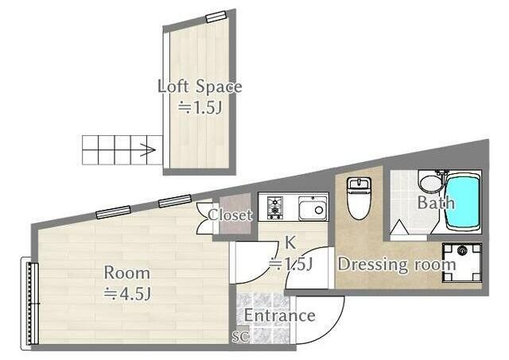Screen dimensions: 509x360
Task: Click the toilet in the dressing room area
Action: [x=359, y=198]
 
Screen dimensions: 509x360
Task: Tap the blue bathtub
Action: [x=463, y=203]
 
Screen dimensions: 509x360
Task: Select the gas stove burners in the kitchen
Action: [x=275, y=207]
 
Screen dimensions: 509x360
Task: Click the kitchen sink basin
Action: [x=313, y=207]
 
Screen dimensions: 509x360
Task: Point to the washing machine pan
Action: [x=461, y=263]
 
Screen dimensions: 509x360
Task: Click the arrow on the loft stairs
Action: [x=147, y=150]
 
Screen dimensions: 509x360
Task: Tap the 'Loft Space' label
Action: [x=200, y=87]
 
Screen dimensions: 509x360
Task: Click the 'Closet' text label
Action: [x=230, y=215]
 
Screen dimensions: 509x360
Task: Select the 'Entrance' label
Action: [x=279, y=315]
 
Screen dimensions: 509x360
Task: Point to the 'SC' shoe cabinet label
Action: [x=240, y=337]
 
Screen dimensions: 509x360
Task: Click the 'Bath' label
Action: [x=436, y=203]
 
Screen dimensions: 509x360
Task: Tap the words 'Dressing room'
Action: [x=397, y=264]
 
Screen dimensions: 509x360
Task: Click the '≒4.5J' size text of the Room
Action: [x=127, y=293]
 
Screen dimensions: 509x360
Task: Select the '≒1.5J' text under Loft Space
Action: [x=200, y=107]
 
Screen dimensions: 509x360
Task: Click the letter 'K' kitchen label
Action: [x=289, y=243]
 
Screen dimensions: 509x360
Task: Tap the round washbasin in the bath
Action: [x=431, y=184]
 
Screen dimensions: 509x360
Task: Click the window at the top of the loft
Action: [x=216, y=17]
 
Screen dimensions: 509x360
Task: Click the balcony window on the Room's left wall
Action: [x=30, y=304]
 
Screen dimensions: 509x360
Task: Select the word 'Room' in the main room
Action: [x=127, y=273]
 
